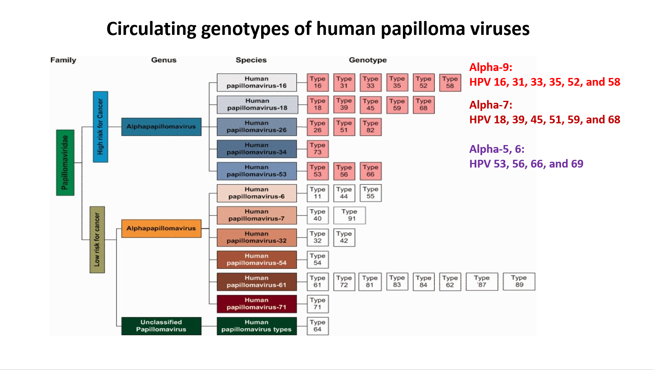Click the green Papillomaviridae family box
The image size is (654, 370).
pos(65,163)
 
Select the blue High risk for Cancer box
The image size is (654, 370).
pos(100,126)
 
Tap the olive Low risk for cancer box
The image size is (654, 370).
pos(97,240)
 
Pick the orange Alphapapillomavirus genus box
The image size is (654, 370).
pos(161,228)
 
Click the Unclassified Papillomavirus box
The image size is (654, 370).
pos(161,326)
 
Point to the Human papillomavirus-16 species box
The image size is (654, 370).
pos(256,83)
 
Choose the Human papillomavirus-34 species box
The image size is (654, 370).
pos(256,149)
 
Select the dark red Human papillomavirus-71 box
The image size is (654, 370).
pos(256,304)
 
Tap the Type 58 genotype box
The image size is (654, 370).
pos(450,83)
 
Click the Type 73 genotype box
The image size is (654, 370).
pos(318,149)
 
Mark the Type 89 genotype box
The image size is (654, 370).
pos(519,282)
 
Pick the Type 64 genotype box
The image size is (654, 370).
pos(318,326)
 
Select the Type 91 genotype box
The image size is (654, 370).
pos(349,215)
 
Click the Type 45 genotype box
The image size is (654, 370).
pos(370,105)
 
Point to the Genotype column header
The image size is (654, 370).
pos(368,60)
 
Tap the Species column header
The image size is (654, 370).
pos(251,60)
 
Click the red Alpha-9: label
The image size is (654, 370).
pos(491,67)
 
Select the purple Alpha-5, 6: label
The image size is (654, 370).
pos(497,149)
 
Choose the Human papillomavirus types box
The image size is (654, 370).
pos(256,326)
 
